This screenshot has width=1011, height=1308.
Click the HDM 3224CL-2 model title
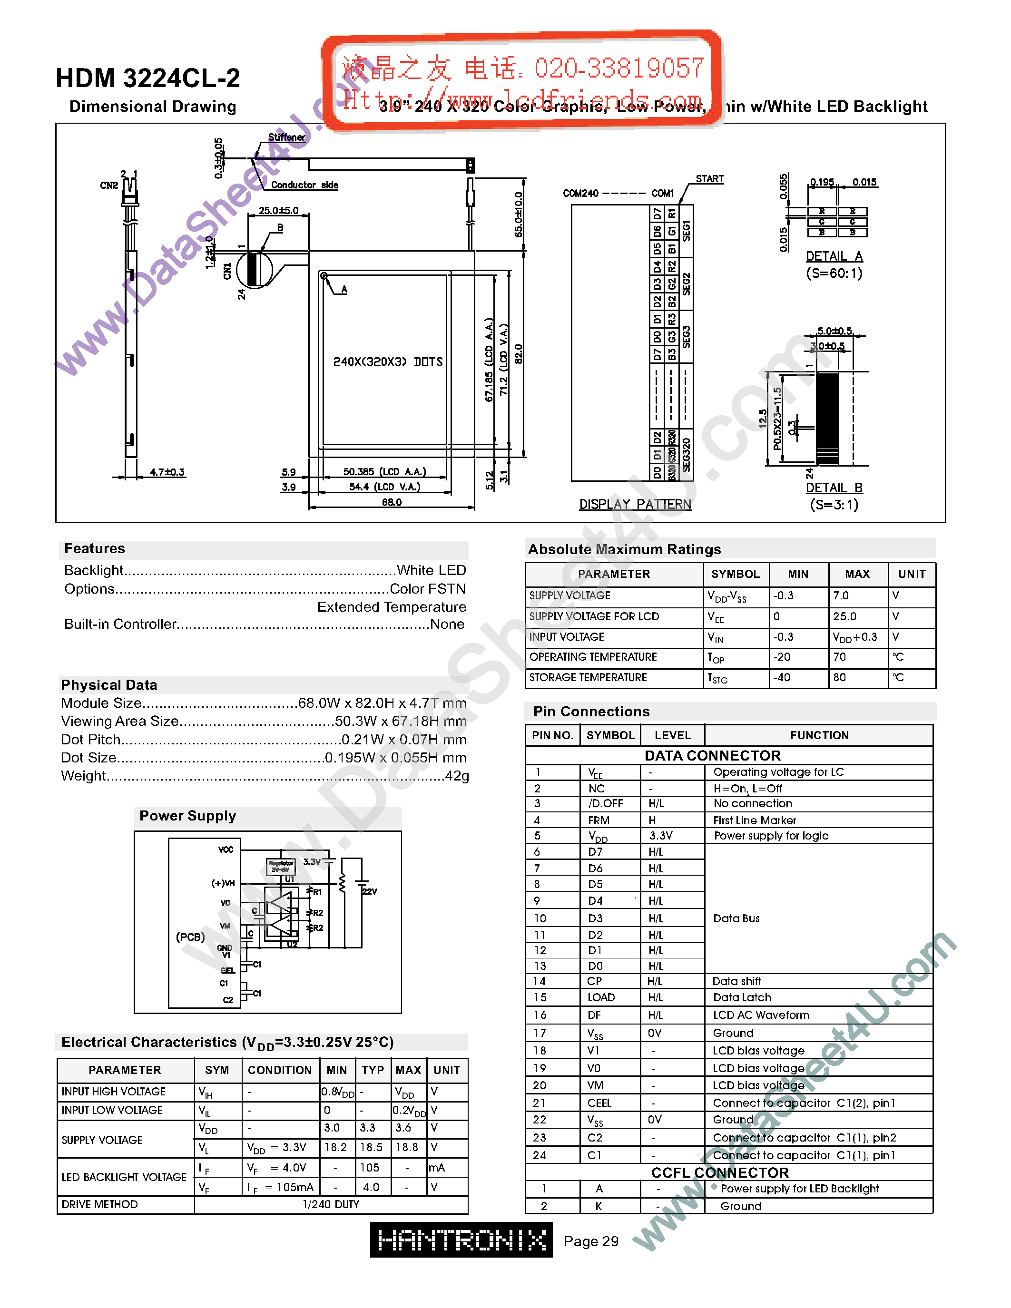pos(147,78)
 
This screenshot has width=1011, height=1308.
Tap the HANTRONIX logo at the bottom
pos(461,1240)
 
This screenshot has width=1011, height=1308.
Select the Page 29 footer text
pos(590,1241)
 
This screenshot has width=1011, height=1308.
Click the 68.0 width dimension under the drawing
pos(392,502)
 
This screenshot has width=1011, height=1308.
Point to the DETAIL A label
pos(834,256)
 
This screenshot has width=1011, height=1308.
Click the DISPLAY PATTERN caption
pos(635,504)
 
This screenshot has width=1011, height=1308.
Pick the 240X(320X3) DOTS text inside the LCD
pos(387,362)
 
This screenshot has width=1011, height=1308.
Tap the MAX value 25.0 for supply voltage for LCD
pos(844,616)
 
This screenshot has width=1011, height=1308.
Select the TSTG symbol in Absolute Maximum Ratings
pos(717,678)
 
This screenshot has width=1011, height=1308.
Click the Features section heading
pos(95,548)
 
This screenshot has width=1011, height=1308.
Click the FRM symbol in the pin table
pos(599,820)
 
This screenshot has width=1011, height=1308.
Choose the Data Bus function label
pos(736,918)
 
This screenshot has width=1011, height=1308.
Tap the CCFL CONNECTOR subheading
pos(719,1172)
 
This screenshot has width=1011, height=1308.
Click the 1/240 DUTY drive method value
pos(331,1204)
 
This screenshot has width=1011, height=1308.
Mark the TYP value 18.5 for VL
pos(371,1147)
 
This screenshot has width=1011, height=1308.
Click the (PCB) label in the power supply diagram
pos(190,937)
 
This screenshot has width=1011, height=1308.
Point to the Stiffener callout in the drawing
pos(286,137)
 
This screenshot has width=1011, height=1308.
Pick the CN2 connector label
pos(108,185)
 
